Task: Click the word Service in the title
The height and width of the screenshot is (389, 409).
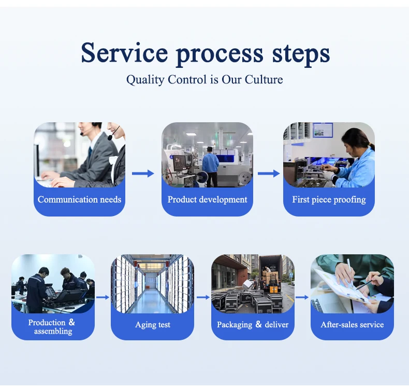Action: pyautogui.click(x=124, y=53)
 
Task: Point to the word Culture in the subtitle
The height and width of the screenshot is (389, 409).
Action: pyautogui.click(x=264, y=80)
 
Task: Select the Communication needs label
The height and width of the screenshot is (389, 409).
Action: pyautogui.click(x=79, y=199)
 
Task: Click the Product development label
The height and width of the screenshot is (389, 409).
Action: pyautogui.click(x=207, y=199)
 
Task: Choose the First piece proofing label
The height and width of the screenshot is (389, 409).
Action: pyautogui.click(x=329, y=199)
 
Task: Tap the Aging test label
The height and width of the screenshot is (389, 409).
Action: pyautogui.click(x=153, y=325)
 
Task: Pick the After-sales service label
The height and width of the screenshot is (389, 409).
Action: pyautogui.click(x=352, y=325)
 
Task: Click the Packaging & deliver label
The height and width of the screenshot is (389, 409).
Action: pyautogui.click(x=253, y=325)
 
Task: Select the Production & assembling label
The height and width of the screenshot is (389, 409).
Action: pyautogui.click(x=52, y=326)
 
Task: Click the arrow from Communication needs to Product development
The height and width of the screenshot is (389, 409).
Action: pyautogui.click(x=143, y=174)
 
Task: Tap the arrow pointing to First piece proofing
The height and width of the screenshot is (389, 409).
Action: pyautogui.click(x=268, y=174)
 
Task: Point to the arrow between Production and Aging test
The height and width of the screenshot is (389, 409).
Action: pyautogui.click(x=103, y=297)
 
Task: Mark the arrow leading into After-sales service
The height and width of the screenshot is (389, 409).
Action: pyautogui.click(x=302, y=297)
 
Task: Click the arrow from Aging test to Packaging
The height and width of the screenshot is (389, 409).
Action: pyautogui.click(x=203, y=297)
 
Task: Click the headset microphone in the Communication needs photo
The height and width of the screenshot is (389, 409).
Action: pyautogui.click(x=109, y=138)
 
